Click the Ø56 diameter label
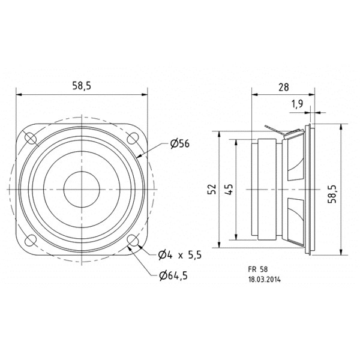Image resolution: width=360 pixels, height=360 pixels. click(x=180, y=144)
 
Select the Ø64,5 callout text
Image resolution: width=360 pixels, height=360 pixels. click(x=173, y=275)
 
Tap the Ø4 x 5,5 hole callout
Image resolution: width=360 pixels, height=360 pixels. click(x=180, y=255)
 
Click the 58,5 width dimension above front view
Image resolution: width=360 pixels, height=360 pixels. click(x=82, y=86)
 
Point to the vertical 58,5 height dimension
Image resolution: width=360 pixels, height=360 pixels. click(x=332, y=194)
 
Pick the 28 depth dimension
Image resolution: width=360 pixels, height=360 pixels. click(x=284, y=87)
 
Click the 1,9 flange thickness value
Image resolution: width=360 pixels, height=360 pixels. click(x=298, y=104)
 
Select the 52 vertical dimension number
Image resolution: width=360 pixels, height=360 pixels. click(x=212, y=189)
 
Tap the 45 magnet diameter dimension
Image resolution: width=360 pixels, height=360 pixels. click(x=229, y=189)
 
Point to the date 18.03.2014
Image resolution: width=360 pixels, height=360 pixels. click(x=264, y=280)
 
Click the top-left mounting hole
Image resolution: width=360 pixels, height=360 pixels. click(x=31, y=138)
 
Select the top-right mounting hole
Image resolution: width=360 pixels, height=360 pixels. click(x=133, y=139)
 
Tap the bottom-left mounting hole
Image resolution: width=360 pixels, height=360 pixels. click(x=31, y=241)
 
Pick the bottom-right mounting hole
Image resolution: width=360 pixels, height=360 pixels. click(x=133, y=241)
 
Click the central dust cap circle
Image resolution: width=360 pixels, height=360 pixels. click(x=82, y=190)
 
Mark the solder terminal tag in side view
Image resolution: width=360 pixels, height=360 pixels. click(x=282, y=131)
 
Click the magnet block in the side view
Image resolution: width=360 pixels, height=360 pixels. click(x=267, y=190)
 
